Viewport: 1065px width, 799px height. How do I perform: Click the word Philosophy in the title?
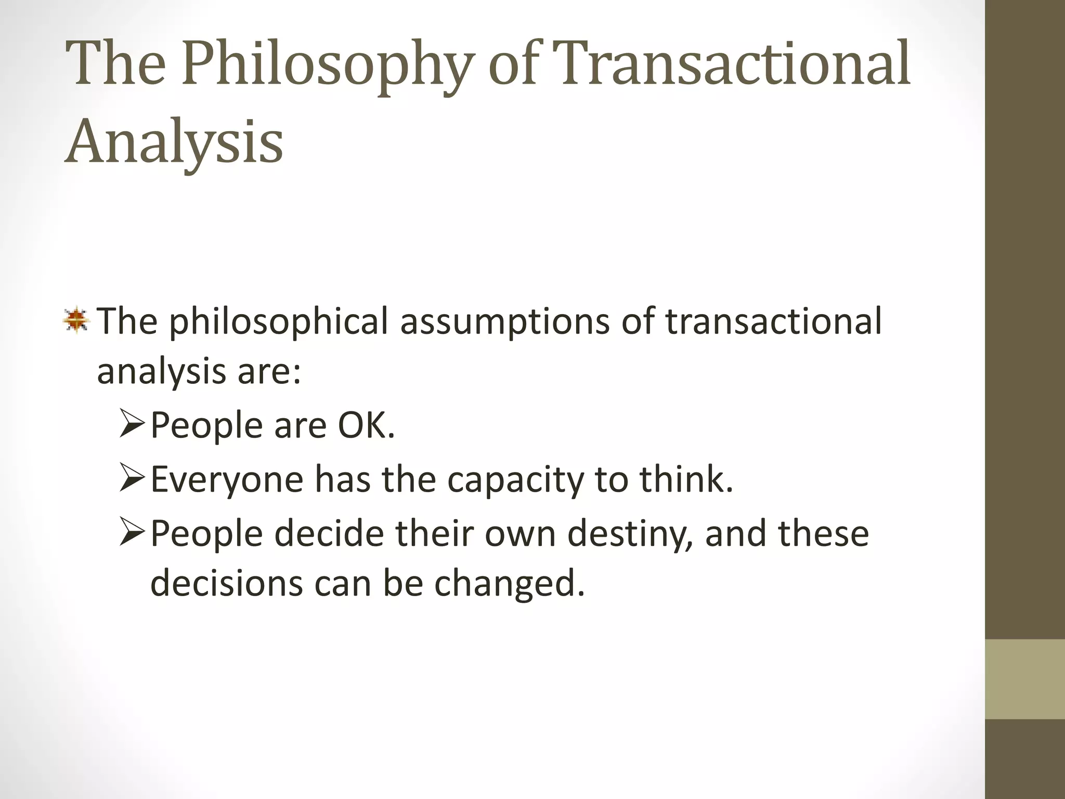(x=325, y=65)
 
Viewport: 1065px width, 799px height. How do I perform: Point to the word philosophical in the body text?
(x=279, y=321)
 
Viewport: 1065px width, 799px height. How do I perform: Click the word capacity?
(x=515, y=480)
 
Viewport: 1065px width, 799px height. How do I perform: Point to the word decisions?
(x=226, y=583)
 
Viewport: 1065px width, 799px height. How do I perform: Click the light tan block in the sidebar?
(x=1025, y=679)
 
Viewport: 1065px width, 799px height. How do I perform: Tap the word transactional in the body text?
(x=774, y=321)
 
